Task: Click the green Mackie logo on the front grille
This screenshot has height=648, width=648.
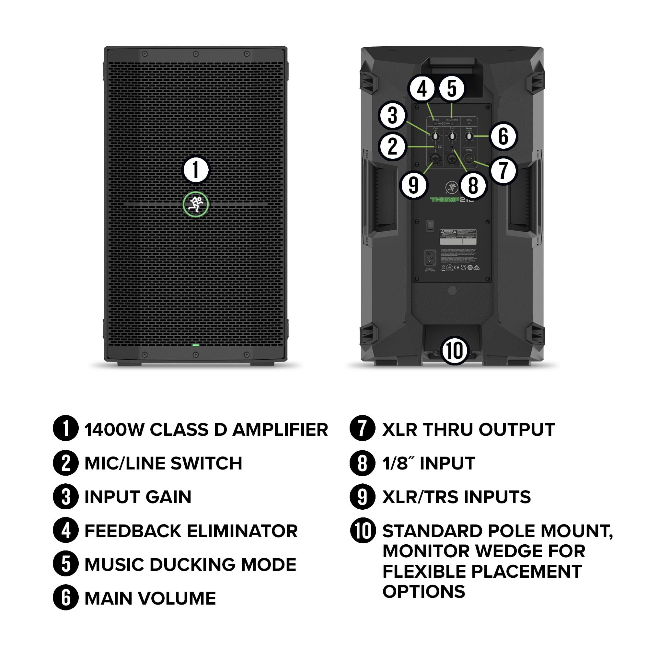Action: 196,204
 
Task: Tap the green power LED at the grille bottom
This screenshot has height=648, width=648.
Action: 196,345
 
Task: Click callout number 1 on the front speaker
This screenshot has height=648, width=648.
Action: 196,170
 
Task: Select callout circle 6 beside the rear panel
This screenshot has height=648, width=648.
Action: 503,136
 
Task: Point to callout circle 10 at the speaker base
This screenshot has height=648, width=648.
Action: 455,351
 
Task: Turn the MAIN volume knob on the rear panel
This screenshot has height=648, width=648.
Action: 469,136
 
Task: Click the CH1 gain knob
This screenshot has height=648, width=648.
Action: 435,136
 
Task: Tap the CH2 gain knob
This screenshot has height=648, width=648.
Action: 452,136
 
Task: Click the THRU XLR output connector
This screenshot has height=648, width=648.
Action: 469,158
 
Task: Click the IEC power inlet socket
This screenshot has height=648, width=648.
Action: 430,258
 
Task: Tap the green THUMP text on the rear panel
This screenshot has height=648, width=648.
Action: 445,200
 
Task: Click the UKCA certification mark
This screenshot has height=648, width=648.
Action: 464,267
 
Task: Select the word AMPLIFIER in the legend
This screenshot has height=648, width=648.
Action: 280,430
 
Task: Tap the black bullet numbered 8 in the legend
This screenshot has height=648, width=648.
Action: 362,463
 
